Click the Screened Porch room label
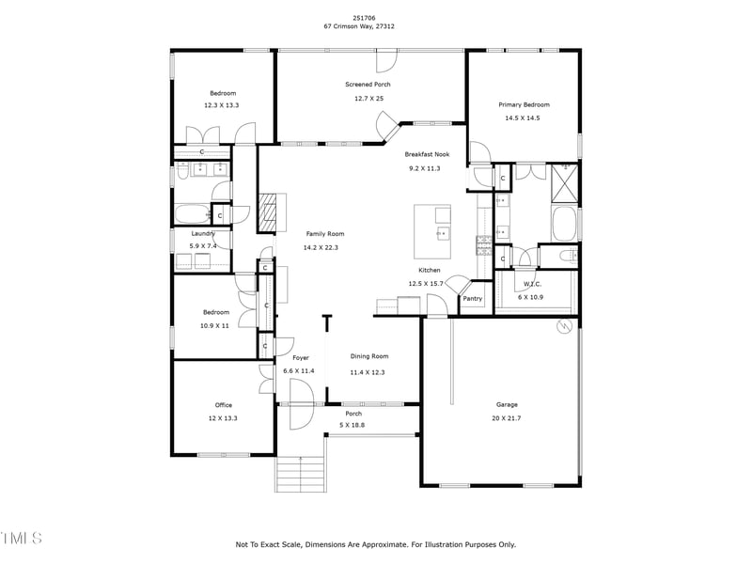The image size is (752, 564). point(367,85)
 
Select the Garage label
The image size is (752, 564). point(507,405)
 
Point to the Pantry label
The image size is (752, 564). point(472,299)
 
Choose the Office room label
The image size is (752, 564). point(223,405)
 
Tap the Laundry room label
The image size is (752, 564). point(204,233)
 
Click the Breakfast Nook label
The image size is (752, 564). point(427,154)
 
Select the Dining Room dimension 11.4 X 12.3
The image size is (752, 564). point(368,371)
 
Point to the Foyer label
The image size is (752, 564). point(300,358)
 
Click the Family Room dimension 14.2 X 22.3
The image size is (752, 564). point(321,247)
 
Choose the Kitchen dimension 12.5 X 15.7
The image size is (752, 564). point(423,283)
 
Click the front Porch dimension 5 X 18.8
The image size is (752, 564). point(353,425)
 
